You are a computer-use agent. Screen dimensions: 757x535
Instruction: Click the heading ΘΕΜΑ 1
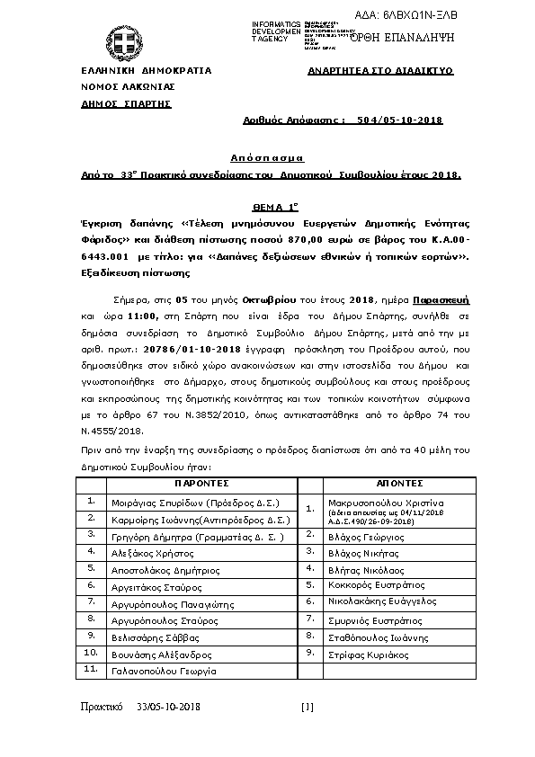click(x=266, y=206)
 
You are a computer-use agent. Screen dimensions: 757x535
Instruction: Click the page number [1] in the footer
click(x=308, y=708)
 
